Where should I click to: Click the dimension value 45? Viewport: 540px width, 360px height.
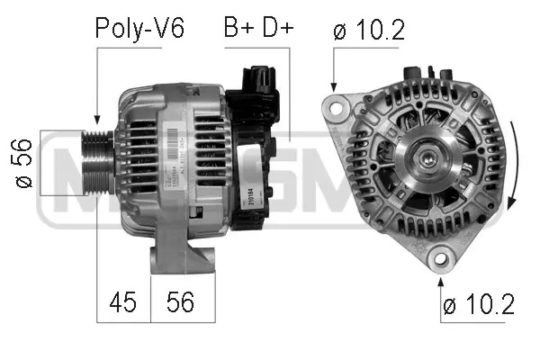pos(123,302)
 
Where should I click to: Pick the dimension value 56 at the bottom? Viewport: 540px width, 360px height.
pos(181,302)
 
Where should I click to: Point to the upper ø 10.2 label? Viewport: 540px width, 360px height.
pos(368,29)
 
